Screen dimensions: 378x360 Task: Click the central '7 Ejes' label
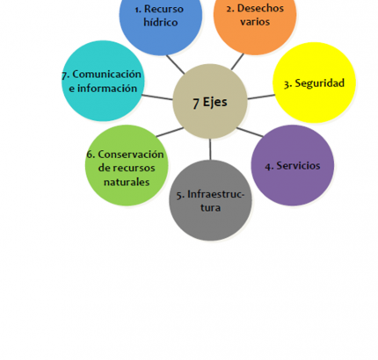coord(210,102)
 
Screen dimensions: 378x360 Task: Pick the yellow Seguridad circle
coord(314,83)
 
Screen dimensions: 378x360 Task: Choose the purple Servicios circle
coord(293,165)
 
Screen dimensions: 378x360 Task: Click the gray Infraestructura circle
coord(210,200)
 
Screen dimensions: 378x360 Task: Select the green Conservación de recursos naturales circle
coord(127,165)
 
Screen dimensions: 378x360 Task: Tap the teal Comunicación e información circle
coord(103,81)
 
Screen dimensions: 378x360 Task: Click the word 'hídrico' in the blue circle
coord(161,23)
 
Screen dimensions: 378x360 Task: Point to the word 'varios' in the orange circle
coord(255,22)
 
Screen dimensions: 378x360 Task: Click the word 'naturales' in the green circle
coord(127,182)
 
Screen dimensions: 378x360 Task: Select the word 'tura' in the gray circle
coord(210,207)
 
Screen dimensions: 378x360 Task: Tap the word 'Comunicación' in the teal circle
coord(107,75)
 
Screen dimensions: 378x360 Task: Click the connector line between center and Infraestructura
coord(210,149)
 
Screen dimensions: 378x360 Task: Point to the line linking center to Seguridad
coord(261,97)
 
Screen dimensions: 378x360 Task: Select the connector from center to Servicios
coord(250,132)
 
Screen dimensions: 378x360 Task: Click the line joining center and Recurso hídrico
coord(175,64)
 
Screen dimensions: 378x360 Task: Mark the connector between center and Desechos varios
coord(237,61)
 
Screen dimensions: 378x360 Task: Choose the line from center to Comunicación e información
coord(157,97)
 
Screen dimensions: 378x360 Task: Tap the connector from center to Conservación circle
coord(170,132)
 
